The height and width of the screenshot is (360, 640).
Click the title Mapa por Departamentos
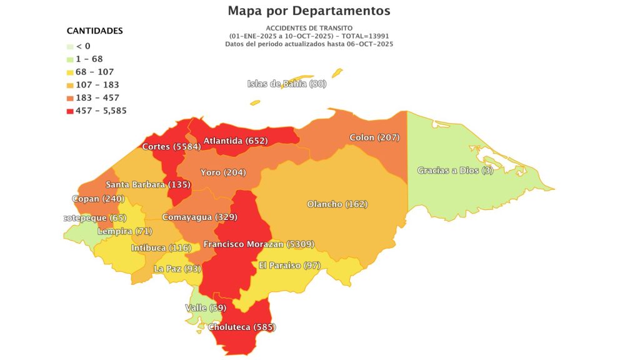click(x=309, y=11)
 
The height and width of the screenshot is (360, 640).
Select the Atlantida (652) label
click(x=235, y=141)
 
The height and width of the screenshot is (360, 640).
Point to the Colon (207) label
click(x=374, y=137)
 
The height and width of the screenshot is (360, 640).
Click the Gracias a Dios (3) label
click(x=455, y=171)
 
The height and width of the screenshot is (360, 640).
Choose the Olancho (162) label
click(x=337, y=204)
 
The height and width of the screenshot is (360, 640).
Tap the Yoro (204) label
click(x=223, y=172)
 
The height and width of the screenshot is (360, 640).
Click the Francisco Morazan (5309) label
click(x=259, y=244)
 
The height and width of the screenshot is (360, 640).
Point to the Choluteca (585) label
click(x=242, y=327)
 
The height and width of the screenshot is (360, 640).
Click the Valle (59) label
click(x=206, y=307)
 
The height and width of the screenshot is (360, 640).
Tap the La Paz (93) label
click(x=177, y=269)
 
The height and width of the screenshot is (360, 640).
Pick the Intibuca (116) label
click(x=161, y=248)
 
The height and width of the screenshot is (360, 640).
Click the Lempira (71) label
click(x=124, y=232)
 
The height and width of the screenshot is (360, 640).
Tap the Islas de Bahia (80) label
click(x=287, y=84)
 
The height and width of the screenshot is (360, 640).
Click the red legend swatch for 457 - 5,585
click(x=70, y=111)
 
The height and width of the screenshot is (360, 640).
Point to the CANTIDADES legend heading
click(x=95, y=31)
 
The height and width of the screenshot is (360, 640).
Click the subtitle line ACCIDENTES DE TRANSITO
click(x=309, y=28)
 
